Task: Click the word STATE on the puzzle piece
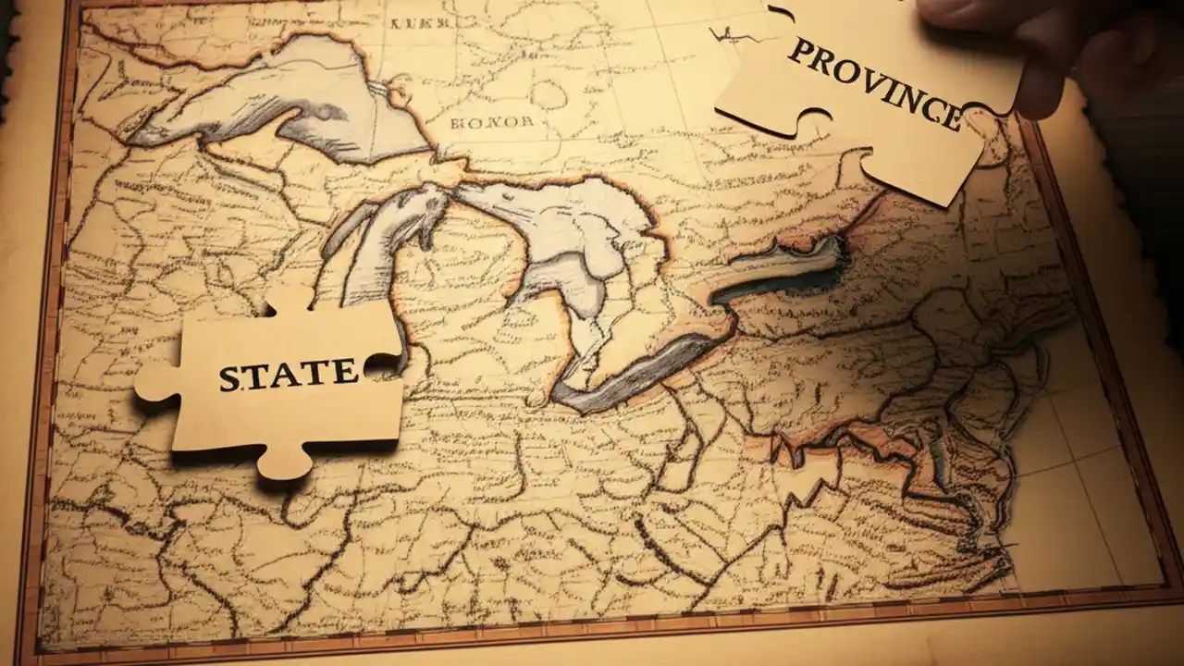(289, 375)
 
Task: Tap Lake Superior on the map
(268, 102)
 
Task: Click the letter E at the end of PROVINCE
(949, 115)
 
